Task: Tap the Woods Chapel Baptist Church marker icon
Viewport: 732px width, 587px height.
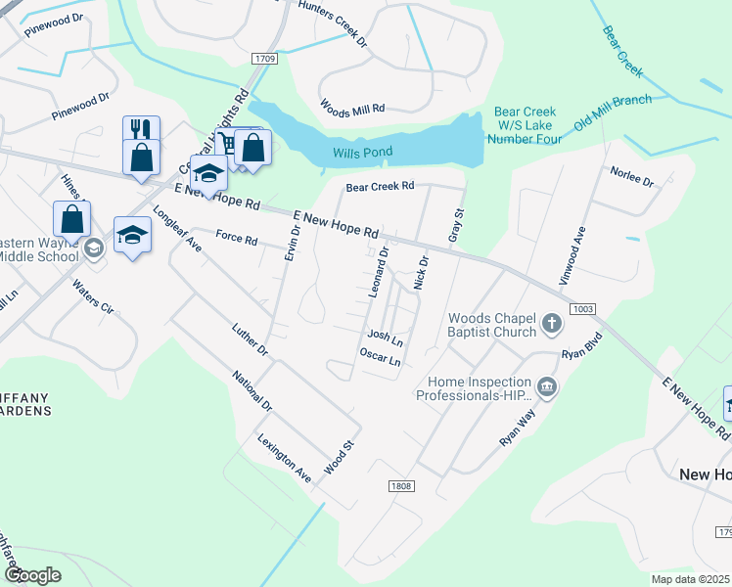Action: click(x=552, y=323)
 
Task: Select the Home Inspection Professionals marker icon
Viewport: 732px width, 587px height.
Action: click(x=546, y=388)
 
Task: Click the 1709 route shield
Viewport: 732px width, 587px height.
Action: click(x=264, y=59)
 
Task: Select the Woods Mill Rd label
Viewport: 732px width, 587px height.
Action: click(x=352, y=108)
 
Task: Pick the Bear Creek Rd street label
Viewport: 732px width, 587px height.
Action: click(x=381, y=185)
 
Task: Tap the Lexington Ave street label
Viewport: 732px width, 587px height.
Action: click(x=285, y=456)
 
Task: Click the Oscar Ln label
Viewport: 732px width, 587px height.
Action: click(x=381, y=357)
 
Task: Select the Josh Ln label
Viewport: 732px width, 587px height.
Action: click(x=385, y=338)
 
